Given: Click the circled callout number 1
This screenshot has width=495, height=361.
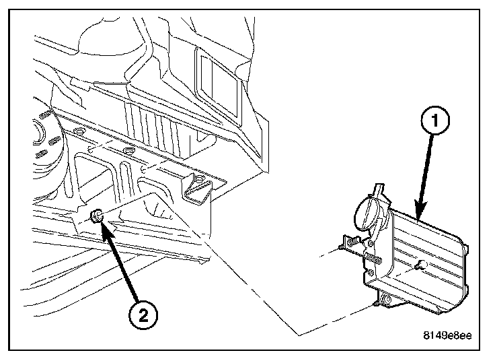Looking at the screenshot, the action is [x=435, y=121].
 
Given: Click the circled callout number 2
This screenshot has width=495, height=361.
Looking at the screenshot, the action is [x=143, y=315].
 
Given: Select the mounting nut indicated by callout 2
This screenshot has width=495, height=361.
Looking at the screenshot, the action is [x=97, y=216].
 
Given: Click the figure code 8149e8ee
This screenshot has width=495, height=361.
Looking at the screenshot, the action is [x=447, y=335].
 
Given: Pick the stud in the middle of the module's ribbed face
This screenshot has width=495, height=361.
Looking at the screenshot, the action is [x=422, y=264].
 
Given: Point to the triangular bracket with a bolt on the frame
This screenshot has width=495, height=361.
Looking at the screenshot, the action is [x=196, y=189].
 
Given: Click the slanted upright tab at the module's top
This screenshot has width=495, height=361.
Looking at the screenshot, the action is [x=379, y=193].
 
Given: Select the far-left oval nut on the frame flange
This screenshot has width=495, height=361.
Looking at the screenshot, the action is [x=78, y=131].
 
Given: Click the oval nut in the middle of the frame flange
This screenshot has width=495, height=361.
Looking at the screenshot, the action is [x=128, y=150].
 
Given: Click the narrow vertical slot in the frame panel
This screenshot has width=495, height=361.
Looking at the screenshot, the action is [x=124, y=177].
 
